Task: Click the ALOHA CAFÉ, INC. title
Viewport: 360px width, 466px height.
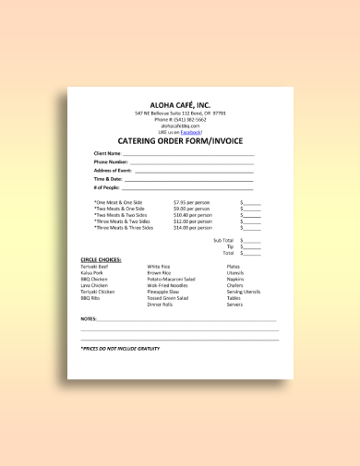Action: click(x=180, y=104)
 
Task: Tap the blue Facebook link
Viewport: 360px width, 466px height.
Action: click(x=190, y=132)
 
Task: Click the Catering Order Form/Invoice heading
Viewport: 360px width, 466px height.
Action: click(x=180, y=141)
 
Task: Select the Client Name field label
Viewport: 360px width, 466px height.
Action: click(x=107, y=152)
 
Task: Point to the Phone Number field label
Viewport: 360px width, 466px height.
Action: click(x=110, y=161)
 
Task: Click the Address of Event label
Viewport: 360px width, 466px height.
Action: click(x=113, y=171)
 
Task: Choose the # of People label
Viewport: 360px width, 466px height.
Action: click(x=106, y=187)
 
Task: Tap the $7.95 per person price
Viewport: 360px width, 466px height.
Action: click(x=192, y=201)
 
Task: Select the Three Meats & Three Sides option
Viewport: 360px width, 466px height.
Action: click(x=123, y=227)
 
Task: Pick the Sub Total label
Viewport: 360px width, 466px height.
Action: click(x=223, y=240)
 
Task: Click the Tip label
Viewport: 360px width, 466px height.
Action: click(x=230, y=246)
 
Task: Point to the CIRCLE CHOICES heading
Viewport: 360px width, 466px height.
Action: click(x=102, y=260)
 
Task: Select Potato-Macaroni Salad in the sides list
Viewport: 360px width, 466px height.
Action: click(x=172, y=279)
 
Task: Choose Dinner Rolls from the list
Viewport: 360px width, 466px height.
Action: click(x=161, y=305)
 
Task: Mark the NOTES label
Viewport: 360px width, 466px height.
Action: click(x=89, y=318)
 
